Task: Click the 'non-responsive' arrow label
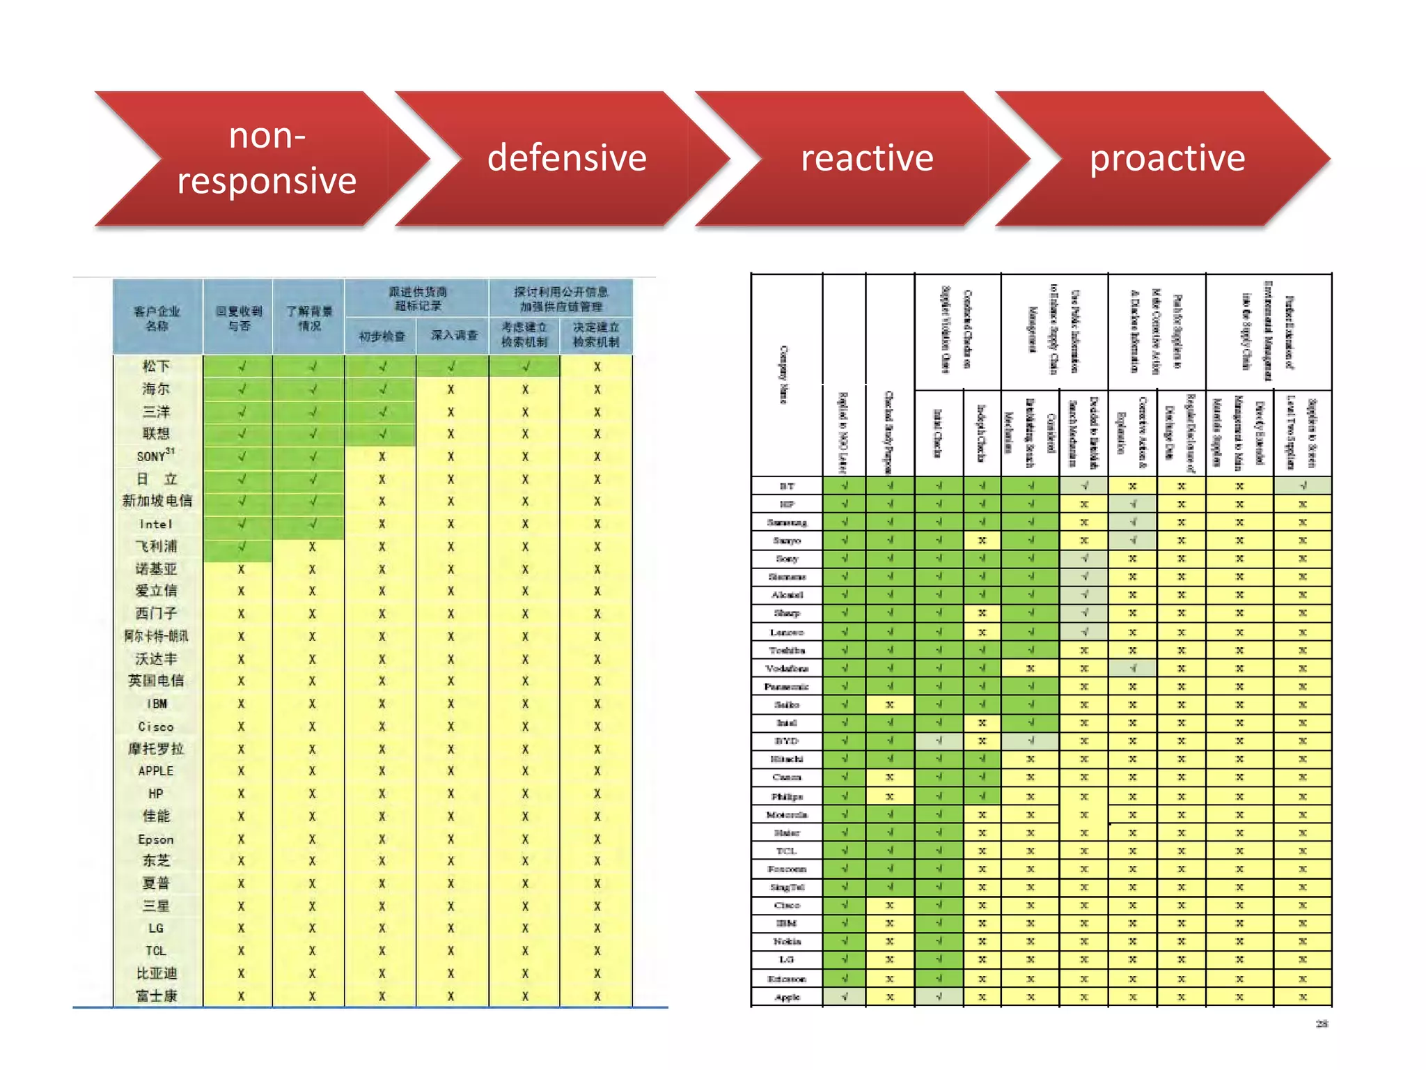click(x=267, y=158)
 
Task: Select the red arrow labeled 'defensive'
click(x=567, y=158)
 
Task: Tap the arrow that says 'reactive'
click(x=867, y=158)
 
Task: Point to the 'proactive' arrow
click(x=1167, y=158)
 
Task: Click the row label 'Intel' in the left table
click(x=156, y=524)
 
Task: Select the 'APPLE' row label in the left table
click(x=156, y=771)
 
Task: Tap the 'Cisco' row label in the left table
click(x=156, y=727)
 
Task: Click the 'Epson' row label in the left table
click(x=156, y=839)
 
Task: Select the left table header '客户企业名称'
click(x=157, y=318)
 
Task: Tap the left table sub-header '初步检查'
click(x=382, y=336)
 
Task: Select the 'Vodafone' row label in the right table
click(x=787, y=669)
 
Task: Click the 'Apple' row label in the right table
click(x=787, y=998)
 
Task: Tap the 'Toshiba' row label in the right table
click(x=787, y=651)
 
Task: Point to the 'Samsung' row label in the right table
click(x=787, y=522)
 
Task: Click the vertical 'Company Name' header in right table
click(x=784, y=375)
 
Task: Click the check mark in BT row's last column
click(x=1303, y=486)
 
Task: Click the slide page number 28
click(x=1322, y=1023)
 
